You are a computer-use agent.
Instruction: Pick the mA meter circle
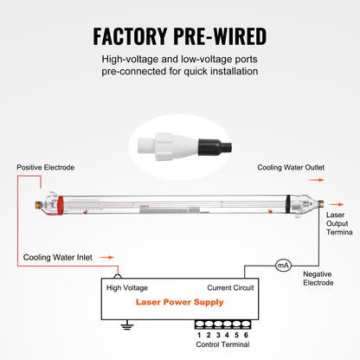282,266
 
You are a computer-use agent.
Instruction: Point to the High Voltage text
127,287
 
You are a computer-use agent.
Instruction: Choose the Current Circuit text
231,287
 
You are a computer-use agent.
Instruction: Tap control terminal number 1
198,333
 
